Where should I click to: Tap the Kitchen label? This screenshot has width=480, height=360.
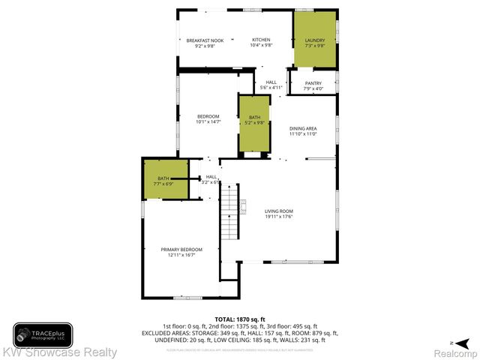260,40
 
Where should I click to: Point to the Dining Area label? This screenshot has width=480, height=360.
304,129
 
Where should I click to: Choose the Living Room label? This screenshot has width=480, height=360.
278,211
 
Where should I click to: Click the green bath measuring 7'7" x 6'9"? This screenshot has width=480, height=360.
163,180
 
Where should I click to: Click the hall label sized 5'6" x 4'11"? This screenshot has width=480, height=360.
271,85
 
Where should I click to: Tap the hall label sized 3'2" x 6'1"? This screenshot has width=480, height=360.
211,178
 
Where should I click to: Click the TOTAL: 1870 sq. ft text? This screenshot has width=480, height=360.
240,319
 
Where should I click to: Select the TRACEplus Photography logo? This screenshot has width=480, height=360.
42,334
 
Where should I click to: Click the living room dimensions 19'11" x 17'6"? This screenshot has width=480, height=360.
278,217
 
